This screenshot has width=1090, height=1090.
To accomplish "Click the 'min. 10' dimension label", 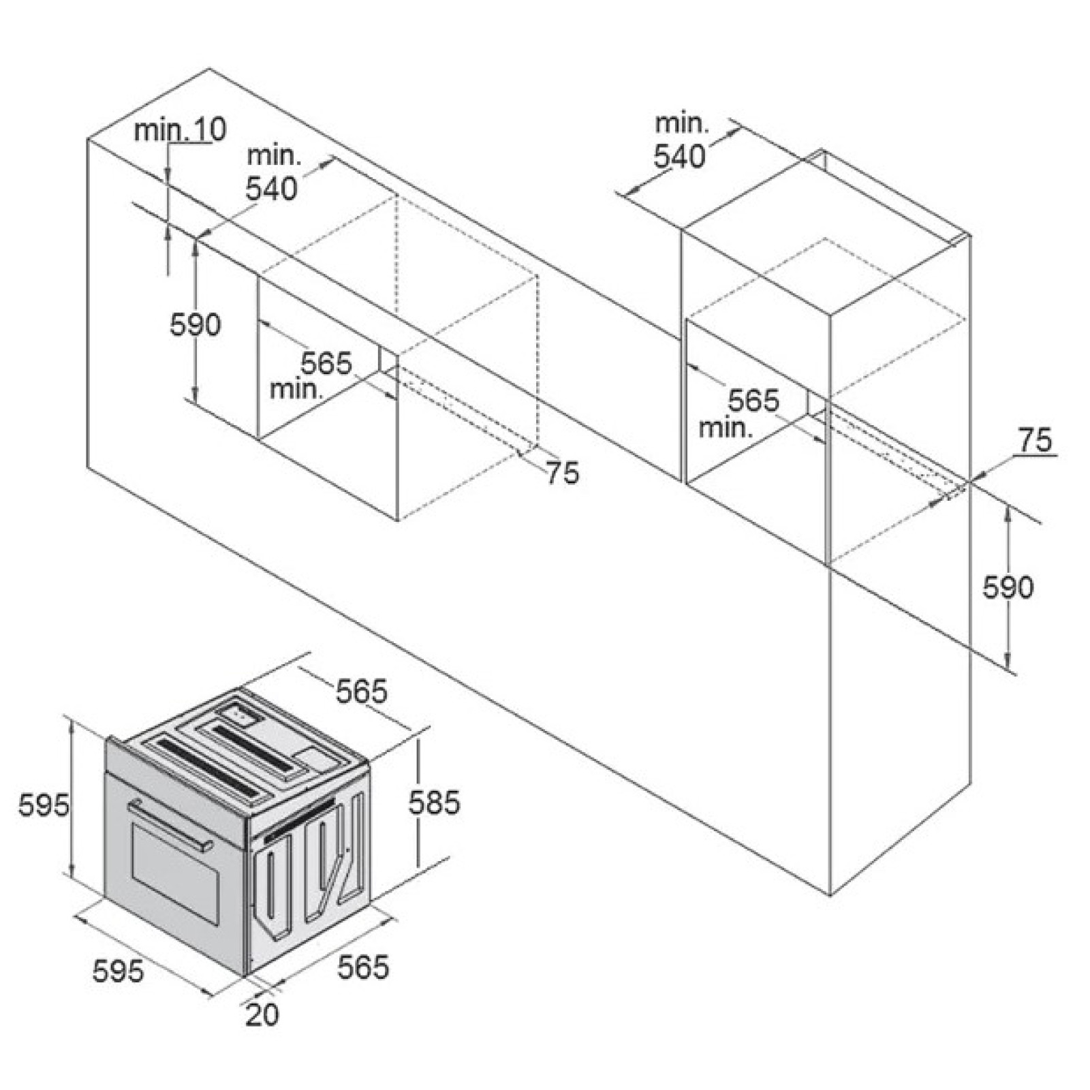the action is point(180,130).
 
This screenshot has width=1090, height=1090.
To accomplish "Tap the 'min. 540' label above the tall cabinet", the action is point(681,140).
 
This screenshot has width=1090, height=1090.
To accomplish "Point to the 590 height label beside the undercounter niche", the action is point(196,325).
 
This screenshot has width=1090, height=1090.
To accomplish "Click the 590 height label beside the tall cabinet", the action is point(1008,587).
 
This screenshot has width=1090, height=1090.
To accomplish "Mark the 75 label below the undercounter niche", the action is point(562,473).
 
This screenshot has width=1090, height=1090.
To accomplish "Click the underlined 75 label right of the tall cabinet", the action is point(1035,441).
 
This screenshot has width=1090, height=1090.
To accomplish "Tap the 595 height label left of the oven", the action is point(44,805).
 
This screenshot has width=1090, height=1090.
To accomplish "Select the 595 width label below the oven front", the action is point(119,971).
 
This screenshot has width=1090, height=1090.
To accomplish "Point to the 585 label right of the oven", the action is point(434,803).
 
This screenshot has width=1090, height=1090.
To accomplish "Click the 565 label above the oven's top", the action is point(361,691).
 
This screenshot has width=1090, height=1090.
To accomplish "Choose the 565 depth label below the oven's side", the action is point(364,967).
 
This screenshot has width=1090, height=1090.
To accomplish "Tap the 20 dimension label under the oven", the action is point(262,1015).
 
